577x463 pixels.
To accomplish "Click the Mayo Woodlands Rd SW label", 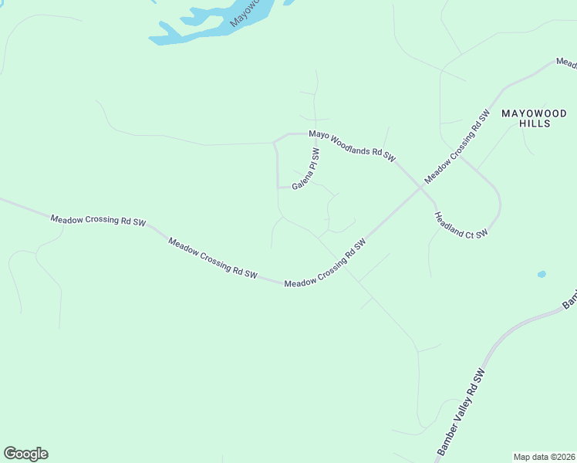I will click(x=352, y=146).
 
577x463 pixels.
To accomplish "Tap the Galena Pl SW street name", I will click(x=305, y=171).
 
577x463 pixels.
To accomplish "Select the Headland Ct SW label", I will click(x=461, y=225).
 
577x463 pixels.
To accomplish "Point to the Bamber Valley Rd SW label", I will click(x=461, y=412).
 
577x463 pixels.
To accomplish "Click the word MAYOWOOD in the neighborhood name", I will click(x=535, y=113).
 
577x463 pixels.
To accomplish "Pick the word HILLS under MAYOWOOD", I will click(x=535, y=123).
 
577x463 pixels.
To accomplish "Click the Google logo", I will click(x=25, y=454).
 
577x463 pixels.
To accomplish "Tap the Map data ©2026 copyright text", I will click(x=544, y=457).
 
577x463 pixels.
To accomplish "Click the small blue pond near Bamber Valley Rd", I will click(x=542, y=274).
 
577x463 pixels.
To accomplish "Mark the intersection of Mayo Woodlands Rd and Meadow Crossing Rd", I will click(x=421, y=186).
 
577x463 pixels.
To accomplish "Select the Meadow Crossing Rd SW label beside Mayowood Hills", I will click(x=457, y=147).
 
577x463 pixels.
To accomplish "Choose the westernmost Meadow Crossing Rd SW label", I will click(x=98, y=221).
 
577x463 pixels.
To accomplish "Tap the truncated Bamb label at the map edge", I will click(x=569, y=300).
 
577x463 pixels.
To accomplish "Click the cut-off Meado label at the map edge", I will click(x=567, y=62).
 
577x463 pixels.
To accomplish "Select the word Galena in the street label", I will click(x=300, y=178).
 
